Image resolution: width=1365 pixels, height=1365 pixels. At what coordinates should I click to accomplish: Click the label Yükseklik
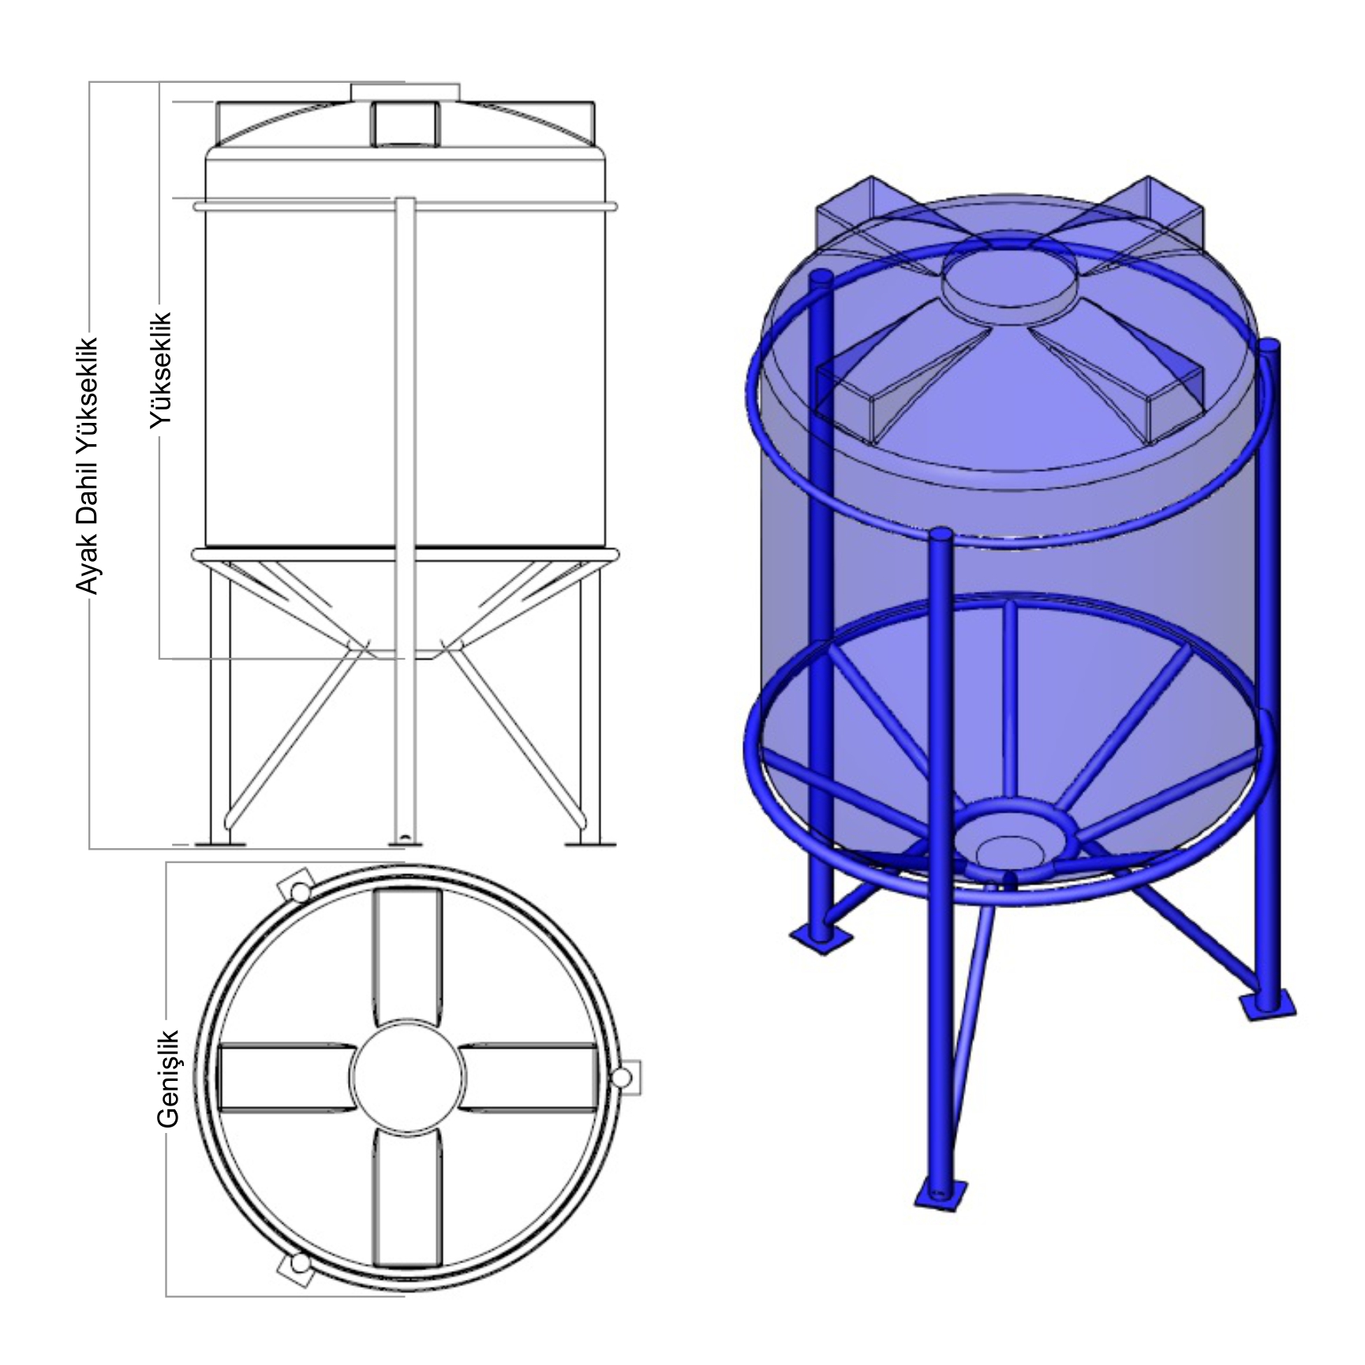tap(161, 371)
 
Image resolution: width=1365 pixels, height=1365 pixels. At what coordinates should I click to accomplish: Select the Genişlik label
tap(169, 1078)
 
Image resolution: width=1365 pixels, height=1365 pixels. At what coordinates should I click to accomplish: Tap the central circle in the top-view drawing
tap(408, 1078)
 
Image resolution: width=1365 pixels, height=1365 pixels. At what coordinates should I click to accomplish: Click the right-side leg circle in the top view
tap(624, 1078)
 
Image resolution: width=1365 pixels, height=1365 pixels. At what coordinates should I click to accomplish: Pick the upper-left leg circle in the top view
tap(300, 891)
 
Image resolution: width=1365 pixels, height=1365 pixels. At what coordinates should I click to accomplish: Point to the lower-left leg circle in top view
tap(300, 1264)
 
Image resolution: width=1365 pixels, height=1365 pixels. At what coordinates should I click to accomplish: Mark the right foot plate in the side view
tap(590, 845)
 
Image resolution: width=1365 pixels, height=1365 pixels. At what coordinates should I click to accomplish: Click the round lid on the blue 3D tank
tap(1012, 286)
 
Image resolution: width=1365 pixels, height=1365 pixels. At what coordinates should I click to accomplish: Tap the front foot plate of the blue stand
tap(940, 1195)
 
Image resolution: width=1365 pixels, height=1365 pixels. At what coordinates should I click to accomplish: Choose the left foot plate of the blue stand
tap(821, 938)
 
